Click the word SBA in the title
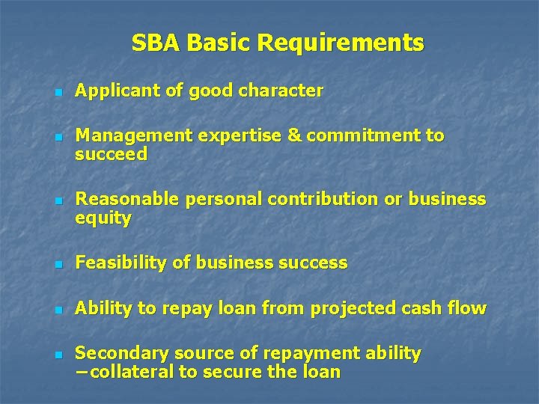(x=156, y=43)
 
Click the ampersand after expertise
(x=294, y=135)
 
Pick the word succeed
(x=112, y=155)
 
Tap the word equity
(x=103, y=219)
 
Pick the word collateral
(x=129, y=372)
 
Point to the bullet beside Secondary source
(x=58, y=354)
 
